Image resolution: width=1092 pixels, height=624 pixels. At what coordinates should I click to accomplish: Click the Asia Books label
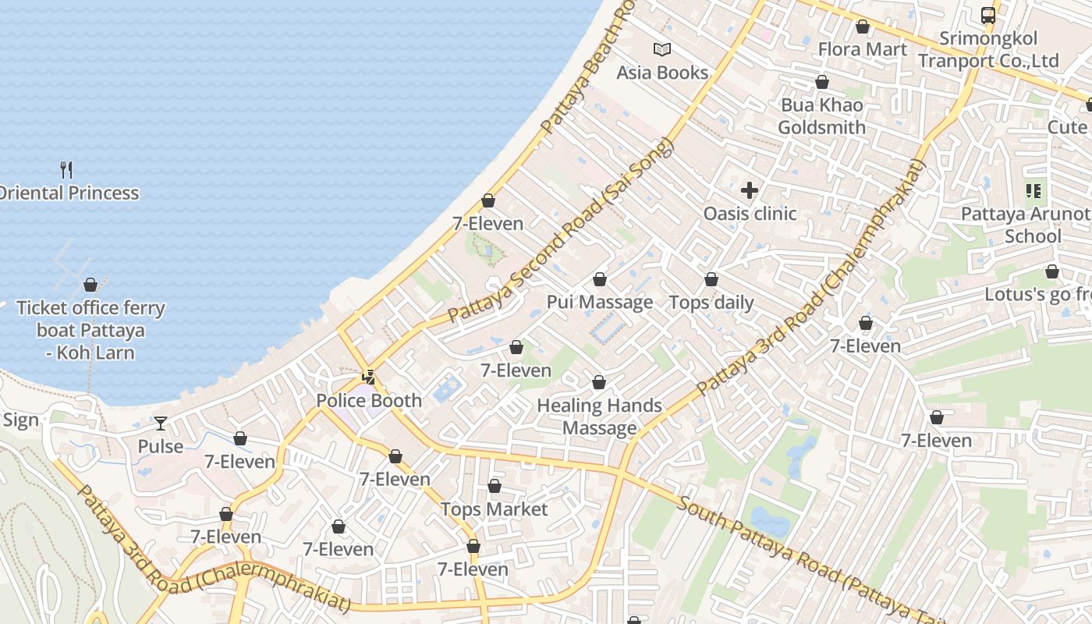pos(662,73)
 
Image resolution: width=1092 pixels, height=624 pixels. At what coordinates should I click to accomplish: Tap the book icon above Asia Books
pos(662,50)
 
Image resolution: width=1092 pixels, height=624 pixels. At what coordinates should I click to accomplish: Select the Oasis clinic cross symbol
pos(750,190)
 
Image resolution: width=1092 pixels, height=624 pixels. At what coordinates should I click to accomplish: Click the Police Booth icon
pos(369,378)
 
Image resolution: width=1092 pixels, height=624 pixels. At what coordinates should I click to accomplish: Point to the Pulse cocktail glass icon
pos(161,424)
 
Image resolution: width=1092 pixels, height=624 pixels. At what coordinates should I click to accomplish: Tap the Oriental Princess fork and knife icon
pos(66,169)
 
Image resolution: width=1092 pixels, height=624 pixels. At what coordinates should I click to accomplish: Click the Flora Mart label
pos(862,49)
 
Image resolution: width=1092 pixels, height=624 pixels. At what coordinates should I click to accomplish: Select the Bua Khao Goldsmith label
pos(821,116)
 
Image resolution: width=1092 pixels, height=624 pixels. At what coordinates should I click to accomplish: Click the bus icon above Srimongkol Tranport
pos(988,15)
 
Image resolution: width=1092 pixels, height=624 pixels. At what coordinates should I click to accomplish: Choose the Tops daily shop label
pos(711,303)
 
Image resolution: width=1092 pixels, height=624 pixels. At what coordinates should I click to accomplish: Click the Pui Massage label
pos(600,302)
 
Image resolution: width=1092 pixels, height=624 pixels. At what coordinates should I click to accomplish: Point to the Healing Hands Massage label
pos(600,417)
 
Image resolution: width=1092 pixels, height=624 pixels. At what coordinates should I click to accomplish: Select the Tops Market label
pos(495,509)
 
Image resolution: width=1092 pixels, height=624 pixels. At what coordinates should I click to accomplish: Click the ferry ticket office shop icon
pos(90,285)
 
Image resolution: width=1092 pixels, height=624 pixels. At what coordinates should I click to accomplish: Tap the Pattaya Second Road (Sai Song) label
pos(560,232)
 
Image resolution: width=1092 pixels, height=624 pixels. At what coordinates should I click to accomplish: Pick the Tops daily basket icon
pos(711,279)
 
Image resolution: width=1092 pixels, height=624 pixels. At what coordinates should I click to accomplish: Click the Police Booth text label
pos(369,401)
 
